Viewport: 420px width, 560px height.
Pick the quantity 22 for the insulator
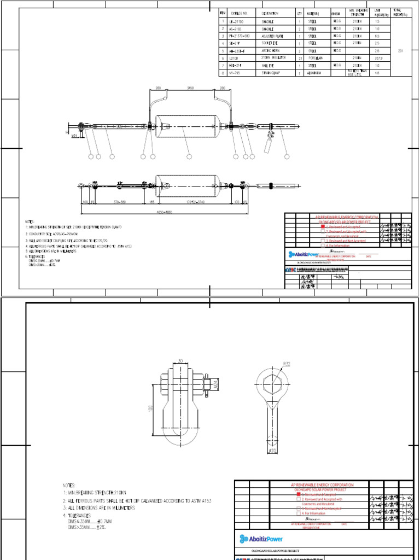300,57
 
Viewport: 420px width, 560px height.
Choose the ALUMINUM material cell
314,73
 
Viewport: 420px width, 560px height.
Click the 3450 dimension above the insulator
190,87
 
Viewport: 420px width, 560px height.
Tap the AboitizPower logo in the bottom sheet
260,539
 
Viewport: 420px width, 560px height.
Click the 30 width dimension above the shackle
180,361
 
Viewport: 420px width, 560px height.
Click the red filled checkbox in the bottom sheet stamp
299,494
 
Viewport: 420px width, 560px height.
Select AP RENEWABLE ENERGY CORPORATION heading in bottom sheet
322,485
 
